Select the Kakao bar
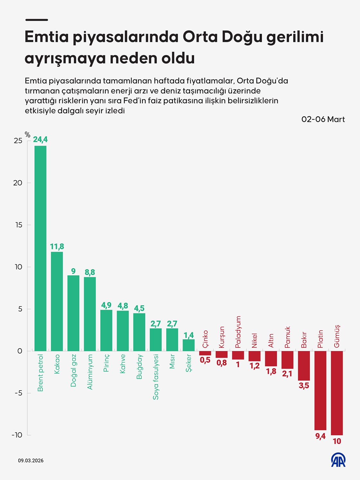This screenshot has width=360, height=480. [x=57, y=301]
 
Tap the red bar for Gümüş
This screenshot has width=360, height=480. [x=337, y=393]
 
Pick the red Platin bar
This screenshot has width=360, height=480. [x=320, y=390]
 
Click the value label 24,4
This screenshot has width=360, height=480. [x=40, y=140]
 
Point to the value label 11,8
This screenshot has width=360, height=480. [x=57, y=247]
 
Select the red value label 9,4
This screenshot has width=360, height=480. [x=320, y=436]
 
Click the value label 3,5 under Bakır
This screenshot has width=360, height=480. [x=304, y=386]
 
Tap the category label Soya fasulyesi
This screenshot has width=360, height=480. [x=156, y=377]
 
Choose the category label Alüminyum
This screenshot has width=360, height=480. [x=90, y=372]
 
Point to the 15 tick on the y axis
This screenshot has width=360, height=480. [x=19, y=225]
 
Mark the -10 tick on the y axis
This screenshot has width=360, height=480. [x=17, y=435]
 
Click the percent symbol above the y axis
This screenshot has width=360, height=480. [x=28, y=135]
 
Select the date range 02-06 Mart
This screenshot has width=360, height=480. [x=323, y=119]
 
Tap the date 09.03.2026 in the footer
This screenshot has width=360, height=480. [x=31, y=461]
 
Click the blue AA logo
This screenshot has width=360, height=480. [x=338, y=460]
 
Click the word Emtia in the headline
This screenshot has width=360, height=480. [x=47, y=37]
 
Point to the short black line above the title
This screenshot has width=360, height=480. [x=37, y=20]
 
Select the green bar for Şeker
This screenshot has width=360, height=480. [x=189, y=345]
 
